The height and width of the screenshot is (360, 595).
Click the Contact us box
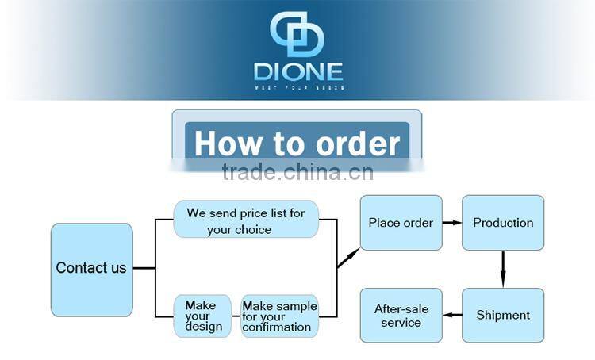coord(91,270)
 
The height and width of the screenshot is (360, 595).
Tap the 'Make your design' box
coord(203,316)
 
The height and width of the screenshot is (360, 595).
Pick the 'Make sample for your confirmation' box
coord(279,316)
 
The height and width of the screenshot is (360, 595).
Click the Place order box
coord(401,223)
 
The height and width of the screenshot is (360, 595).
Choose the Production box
coord(503,223)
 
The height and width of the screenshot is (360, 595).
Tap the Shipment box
coord(503,315)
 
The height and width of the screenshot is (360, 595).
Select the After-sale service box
coord(401,315)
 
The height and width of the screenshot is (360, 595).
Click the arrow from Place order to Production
coord(452,223)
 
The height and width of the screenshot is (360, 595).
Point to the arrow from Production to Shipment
coord(503,269)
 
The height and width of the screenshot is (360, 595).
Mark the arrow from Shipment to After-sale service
coord(452,315)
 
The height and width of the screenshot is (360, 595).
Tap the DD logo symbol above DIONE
coord(297,36)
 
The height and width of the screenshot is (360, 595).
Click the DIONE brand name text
coord(298,71)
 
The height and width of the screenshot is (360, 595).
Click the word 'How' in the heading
coord(228,144)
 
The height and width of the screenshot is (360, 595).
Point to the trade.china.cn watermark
coord(297,171)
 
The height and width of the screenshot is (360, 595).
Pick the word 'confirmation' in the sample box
coord(278,327)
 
